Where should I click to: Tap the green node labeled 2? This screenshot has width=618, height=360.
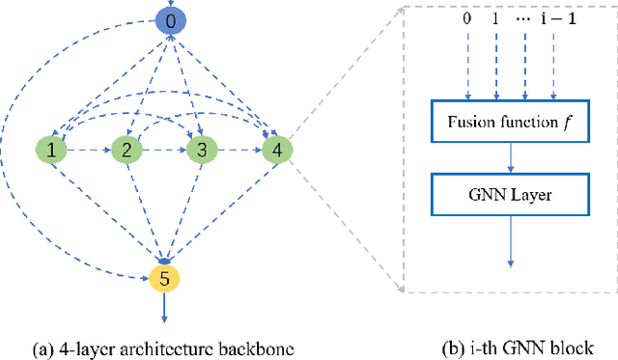[125, 150]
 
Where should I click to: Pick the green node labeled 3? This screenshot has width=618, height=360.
[202, 150]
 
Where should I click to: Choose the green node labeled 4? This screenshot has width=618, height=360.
[278, 150]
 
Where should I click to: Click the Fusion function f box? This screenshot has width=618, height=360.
[510, 124]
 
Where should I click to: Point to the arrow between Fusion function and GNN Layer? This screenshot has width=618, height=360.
[510, 159]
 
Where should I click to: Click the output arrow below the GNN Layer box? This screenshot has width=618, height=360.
[510, 240]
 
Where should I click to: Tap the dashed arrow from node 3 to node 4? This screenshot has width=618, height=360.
[239, 151]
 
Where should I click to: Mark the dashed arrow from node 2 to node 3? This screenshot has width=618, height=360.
[163, 151]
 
